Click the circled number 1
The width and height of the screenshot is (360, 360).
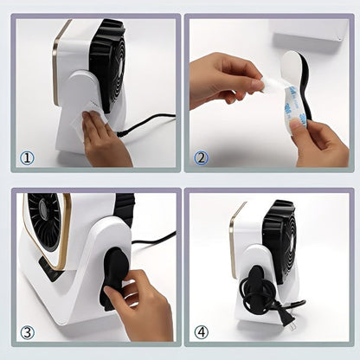click(x=27, y=158)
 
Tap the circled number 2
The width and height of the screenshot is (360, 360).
click(x=201, y=158)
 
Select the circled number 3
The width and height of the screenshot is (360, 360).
click(x=27, y=332)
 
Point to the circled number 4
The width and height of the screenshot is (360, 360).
click(x=201, y=332)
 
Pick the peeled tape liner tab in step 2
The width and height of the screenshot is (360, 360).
click(x=267, y=84)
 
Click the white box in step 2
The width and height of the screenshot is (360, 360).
click(x=310, y=33)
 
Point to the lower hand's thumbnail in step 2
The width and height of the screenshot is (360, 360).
click(x=296, y=125)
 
